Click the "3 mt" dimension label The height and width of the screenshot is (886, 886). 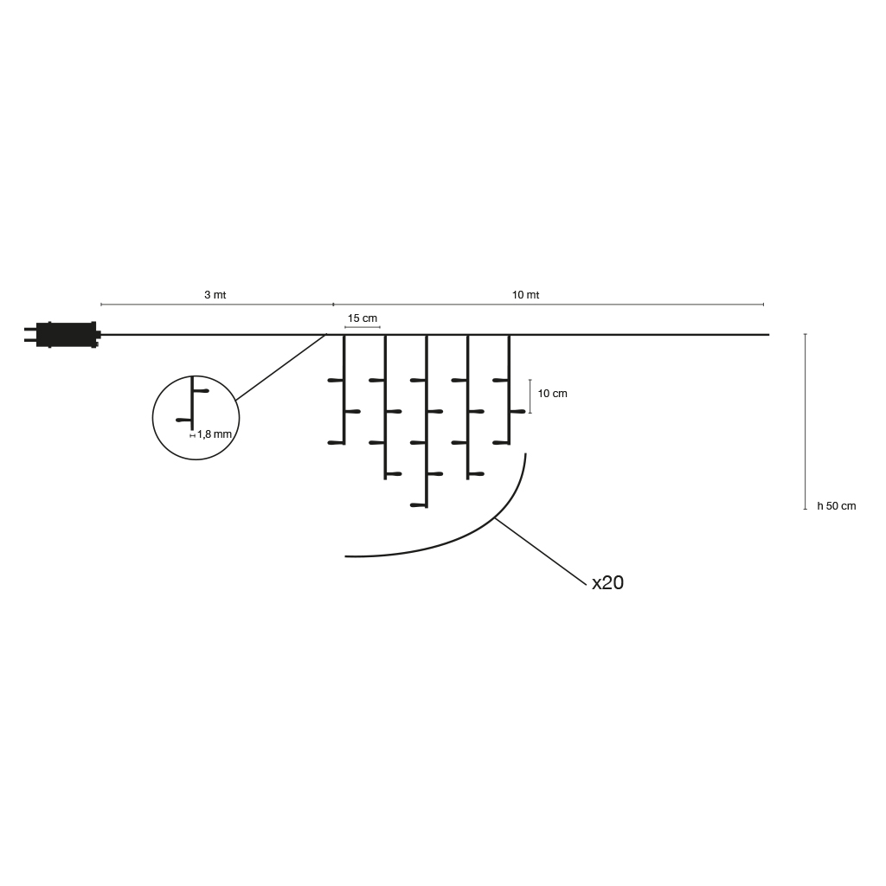(215, 295)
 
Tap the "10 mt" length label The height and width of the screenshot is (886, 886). (525, 295)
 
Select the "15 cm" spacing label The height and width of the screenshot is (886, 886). (363, 318)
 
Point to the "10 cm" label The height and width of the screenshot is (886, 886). (552, 394)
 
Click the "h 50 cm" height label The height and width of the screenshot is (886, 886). (837, 506)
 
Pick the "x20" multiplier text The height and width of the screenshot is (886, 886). (607, 582)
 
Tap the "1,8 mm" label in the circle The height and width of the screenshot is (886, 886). (215, 434)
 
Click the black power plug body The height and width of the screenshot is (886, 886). (67, 335)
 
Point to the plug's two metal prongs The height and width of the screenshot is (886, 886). (30, 335)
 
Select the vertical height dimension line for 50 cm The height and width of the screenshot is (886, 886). (806, 421)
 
